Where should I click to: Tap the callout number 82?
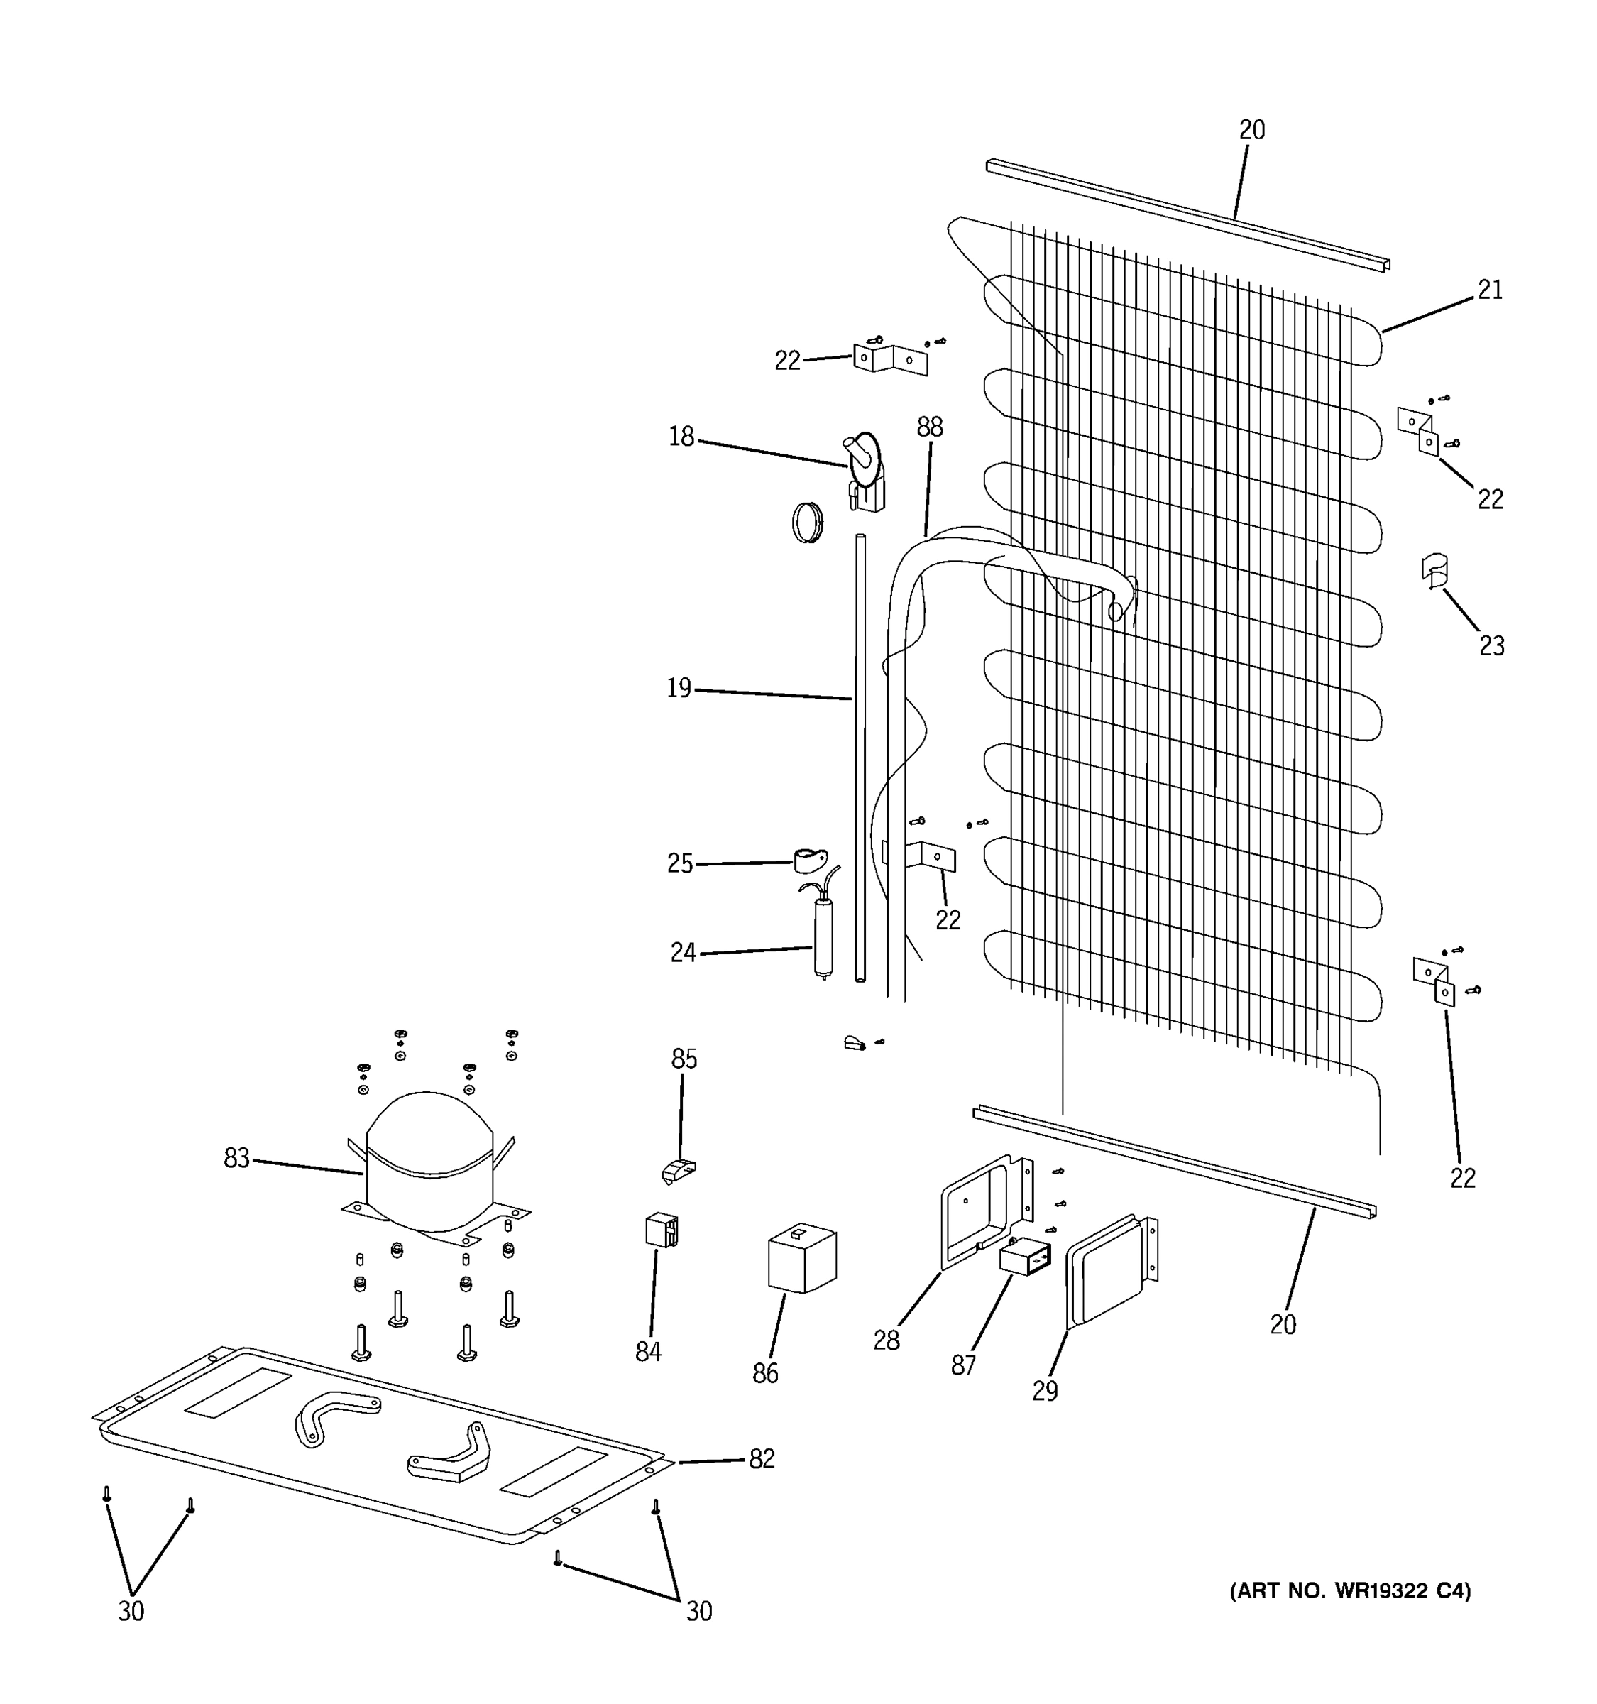(x=762, y=1458)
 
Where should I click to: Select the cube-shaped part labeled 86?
(x=802, y=1257)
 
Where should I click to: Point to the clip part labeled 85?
(x=679, y=1170)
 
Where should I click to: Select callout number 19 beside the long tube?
(x=679, y=687)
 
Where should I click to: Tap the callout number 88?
(x=930, y=426)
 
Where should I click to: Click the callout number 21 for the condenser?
(x=1490, y=290)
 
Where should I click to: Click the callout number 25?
(x=679, y=863)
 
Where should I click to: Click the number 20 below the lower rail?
(x=1283, y=1324)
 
